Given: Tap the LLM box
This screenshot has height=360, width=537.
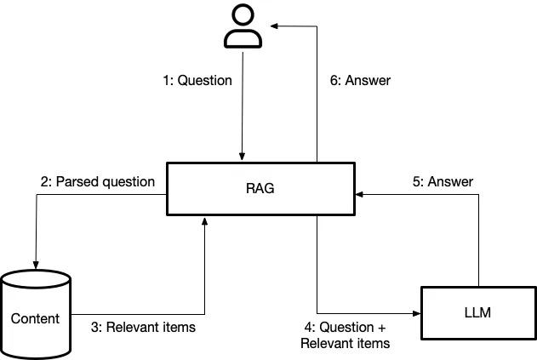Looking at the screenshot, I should (x=479, y=313).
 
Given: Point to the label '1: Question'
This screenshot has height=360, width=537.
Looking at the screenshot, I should (x=197, y=81).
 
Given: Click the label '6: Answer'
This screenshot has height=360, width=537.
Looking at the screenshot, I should (x=360, y=81).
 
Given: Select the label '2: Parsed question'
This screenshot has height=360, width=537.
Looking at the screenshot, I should (x=97, y=181).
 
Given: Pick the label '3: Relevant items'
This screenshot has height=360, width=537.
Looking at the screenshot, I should (x=143, y=327).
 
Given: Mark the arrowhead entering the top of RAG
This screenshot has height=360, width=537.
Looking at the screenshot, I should (x=243, y=159).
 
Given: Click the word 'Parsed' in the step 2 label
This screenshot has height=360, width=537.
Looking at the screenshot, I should (x=76, y=181).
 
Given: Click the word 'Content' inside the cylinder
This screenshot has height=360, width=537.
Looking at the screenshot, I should (x=35, y=318).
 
